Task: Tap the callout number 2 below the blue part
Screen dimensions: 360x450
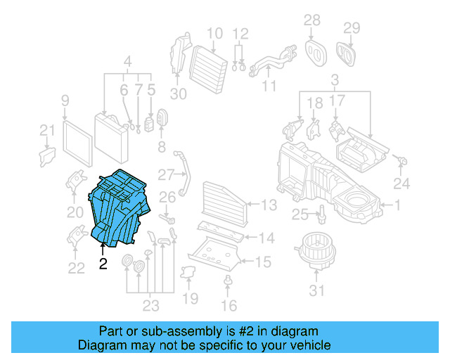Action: tap(103, 264)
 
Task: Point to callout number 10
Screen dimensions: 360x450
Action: tap(214, 33)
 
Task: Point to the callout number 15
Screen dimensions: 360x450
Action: tap(262, 262)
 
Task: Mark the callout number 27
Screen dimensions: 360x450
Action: tap(166, 174)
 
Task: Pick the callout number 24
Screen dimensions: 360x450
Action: tap(401, 184)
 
